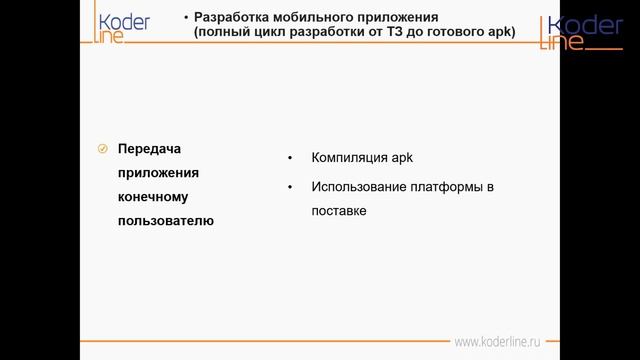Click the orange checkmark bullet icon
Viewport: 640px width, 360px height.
click(102, 149)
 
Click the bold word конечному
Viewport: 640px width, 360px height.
click(153, 197)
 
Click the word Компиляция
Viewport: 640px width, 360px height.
click(347, 159)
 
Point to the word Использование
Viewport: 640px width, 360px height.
click(359, 187)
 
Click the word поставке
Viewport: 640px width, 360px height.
click(339, 211)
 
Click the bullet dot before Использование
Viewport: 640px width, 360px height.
click(289, 188)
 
